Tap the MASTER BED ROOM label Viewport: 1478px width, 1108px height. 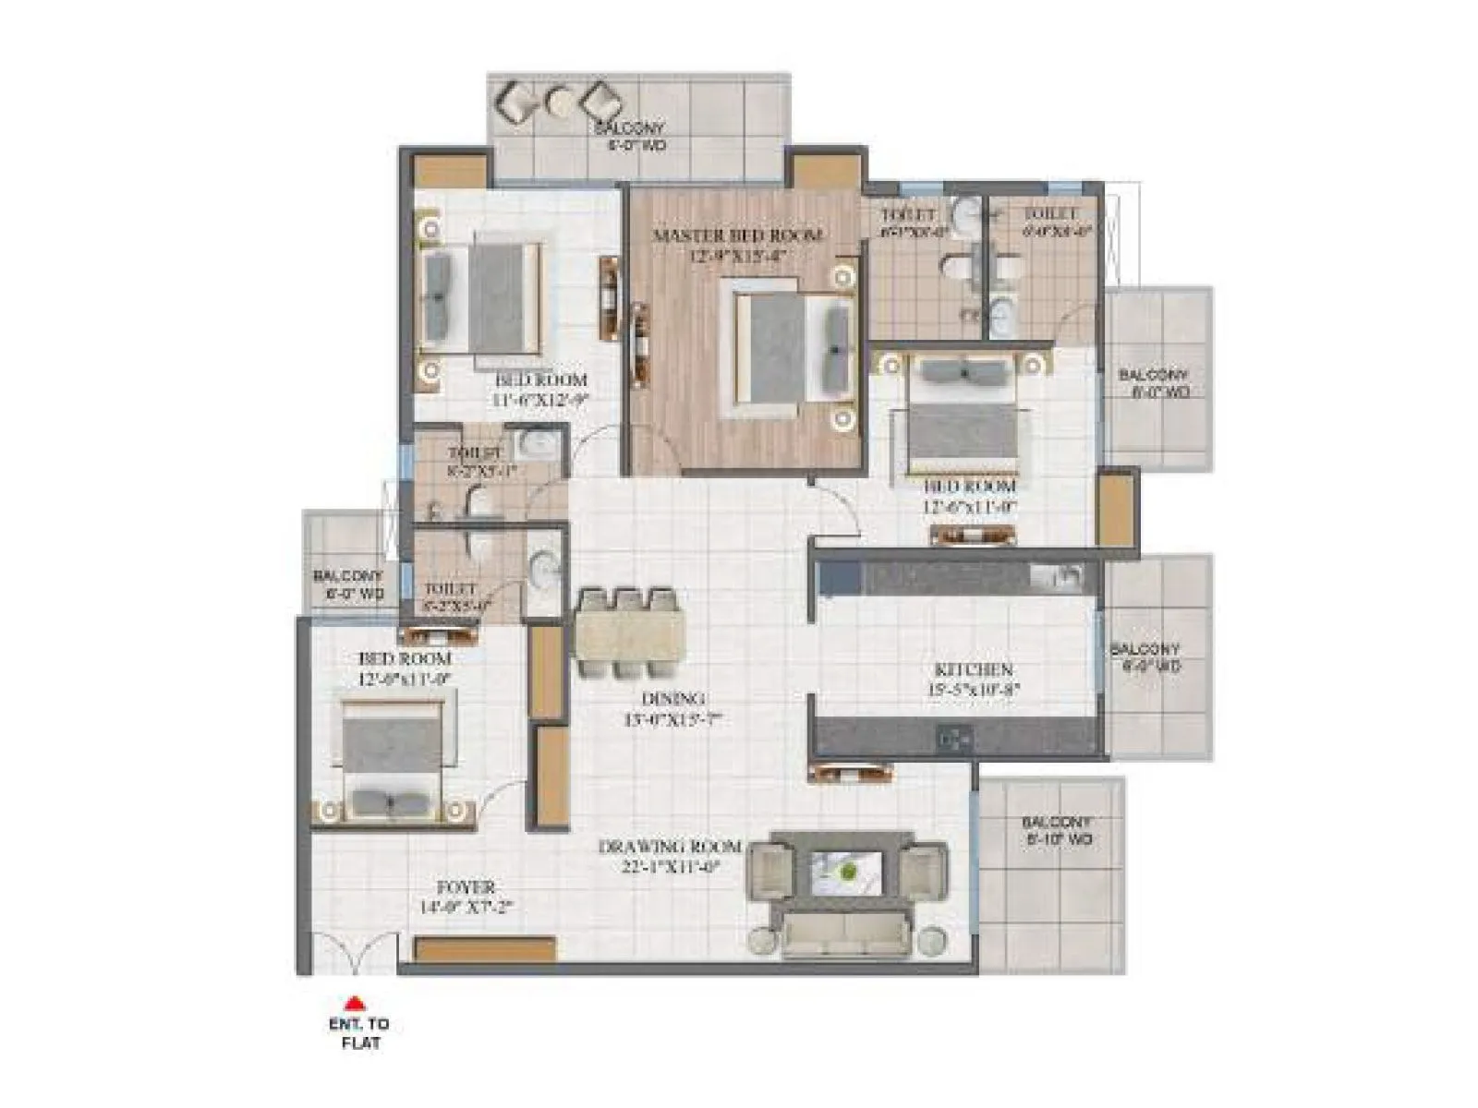click(737, 235)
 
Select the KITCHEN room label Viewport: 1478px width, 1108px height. click(974, 669)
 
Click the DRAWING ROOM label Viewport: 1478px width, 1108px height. click(670, 847)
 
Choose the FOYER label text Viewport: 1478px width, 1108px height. click(466, 887)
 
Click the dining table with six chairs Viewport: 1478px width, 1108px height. click(628, 634)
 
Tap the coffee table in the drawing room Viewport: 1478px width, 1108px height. click(846, 870)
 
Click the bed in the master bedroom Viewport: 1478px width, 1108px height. click(793, 348)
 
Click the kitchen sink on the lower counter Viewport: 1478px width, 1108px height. click(952, 738)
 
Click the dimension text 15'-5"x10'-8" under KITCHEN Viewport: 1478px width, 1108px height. click(974, 689)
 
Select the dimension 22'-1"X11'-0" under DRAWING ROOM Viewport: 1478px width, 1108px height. click(670, 866)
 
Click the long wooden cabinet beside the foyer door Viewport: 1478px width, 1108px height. click(484, 950)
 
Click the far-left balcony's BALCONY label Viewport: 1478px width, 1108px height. click(346, 577)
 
